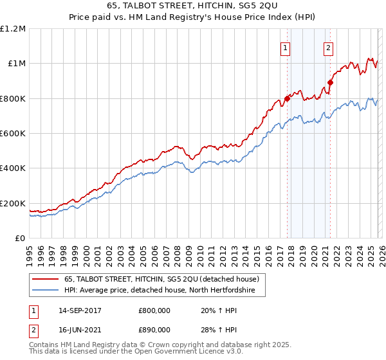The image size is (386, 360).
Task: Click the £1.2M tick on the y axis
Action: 14,28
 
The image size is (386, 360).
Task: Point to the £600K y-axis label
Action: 13,134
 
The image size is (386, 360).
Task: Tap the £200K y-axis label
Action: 13,204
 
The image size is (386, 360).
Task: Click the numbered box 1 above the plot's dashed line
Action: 284,47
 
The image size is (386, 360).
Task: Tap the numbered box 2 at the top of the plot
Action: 328,47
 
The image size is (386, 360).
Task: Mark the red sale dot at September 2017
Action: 287,99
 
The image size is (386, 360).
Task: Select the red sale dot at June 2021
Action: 330,82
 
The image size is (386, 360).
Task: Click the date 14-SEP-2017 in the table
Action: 84,310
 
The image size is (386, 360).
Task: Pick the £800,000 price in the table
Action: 154,310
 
